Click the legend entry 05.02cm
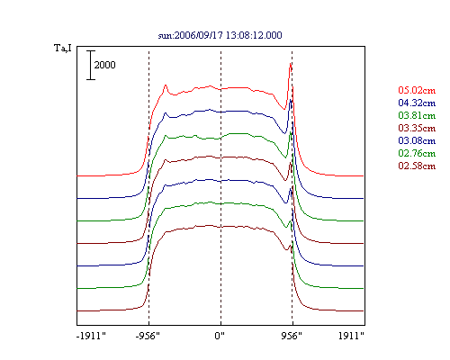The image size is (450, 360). [417, 90]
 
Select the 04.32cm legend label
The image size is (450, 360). [417, 103]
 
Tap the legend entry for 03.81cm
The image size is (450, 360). [417, 115]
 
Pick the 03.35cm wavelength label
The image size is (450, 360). [417, 128]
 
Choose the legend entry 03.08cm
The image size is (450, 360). [417, 140]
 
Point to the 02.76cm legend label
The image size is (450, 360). [417, 153]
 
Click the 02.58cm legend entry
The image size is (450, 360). [417, 166]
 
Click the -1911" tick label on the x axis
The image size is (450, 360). [91, 336]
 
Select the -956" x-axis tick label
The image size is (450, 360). [148, 336]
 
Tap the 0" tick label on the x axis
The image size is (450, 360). [220, 336]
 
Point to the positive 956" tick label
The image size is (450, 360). [292, 336]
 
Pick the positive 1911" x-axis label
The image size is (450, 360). [351, 336]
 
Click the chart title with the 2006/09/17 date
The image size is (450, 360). [220, 35]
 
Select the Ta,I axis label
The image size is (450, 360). [63, 48]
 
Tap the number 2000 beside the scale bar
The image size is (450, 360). [104, 65]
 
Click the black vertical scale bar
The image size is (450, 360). [91, 65]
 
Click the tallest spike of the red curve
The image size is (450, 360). [291, 64]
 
